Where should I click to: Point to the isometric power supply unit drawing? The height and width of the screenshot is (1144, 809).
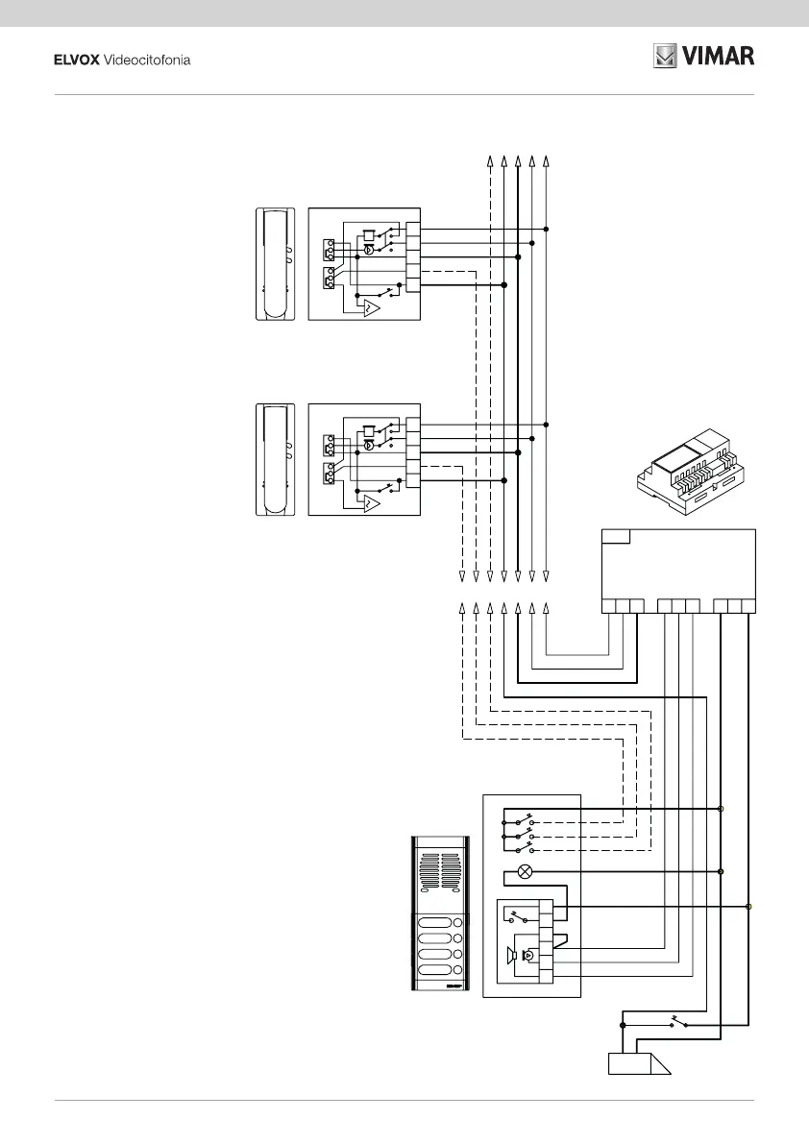698,472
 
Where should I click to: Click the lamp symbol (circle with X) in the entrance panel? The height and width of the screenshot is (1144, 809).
525,872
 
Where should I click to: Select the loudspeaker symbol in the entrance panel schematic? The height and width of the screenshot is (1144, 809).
512,955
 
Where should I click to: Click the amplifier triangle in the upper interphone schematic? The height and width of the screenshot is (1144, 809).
370,308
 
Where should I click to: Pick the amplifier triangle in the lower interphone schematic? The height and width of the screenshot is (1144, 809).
370,503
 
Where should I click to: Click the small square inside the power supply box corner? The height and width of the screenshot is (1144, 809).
616,535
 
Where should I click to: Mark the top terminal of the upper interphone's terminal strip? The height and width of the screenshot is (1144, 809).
413,229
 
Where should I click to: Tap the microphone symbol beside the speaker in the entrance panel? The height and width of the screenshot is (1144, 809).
527,956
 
